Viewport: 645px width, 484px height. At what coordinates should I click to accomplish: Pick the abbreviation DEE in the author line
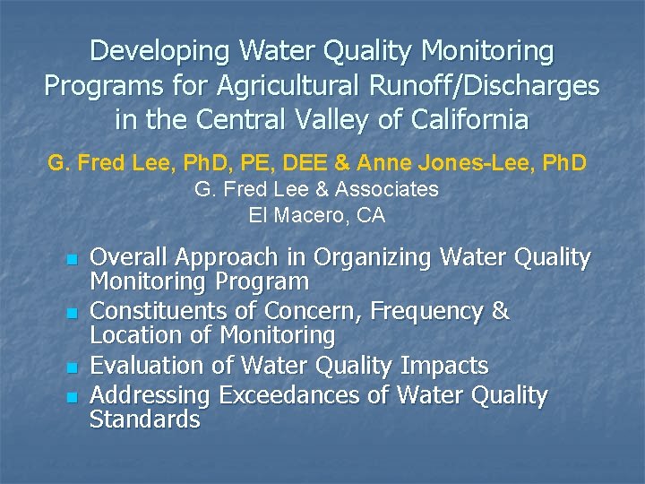(x=325, y=163)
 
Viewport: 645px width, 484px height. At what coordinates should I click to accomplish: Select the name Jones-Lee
(x=479, y=163)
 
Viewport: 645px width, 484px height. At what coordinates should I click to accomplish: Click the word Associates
(x=391, y=189)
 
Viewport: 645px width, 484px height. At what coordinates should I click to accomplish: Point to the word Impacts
(x=444, y=366)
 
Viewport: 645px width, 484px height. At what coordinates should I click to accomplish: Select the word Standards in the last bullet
(x=144, y=419)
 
